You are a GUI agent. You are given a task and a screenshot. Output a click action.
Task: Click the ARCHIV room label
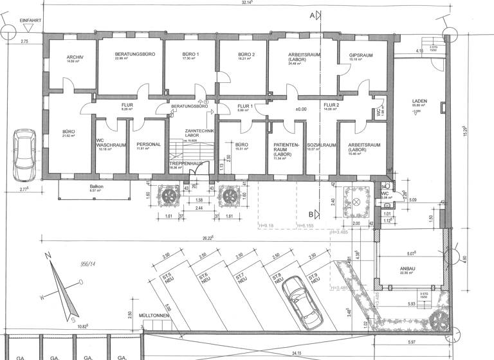[x=71, y=57]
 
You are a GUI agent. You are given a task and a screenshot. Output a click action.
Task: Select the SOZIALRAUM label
[x=322, y=145]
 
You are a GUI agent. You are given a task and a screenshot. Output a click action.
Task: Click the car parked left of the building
[x=25, y=156]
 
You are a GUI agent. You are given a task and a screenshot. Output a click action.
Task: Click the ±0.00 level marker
[x=300, y=109]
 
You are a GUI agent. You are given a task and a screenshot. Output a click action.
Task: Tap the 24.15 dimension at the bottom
[x=297, y=354]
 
